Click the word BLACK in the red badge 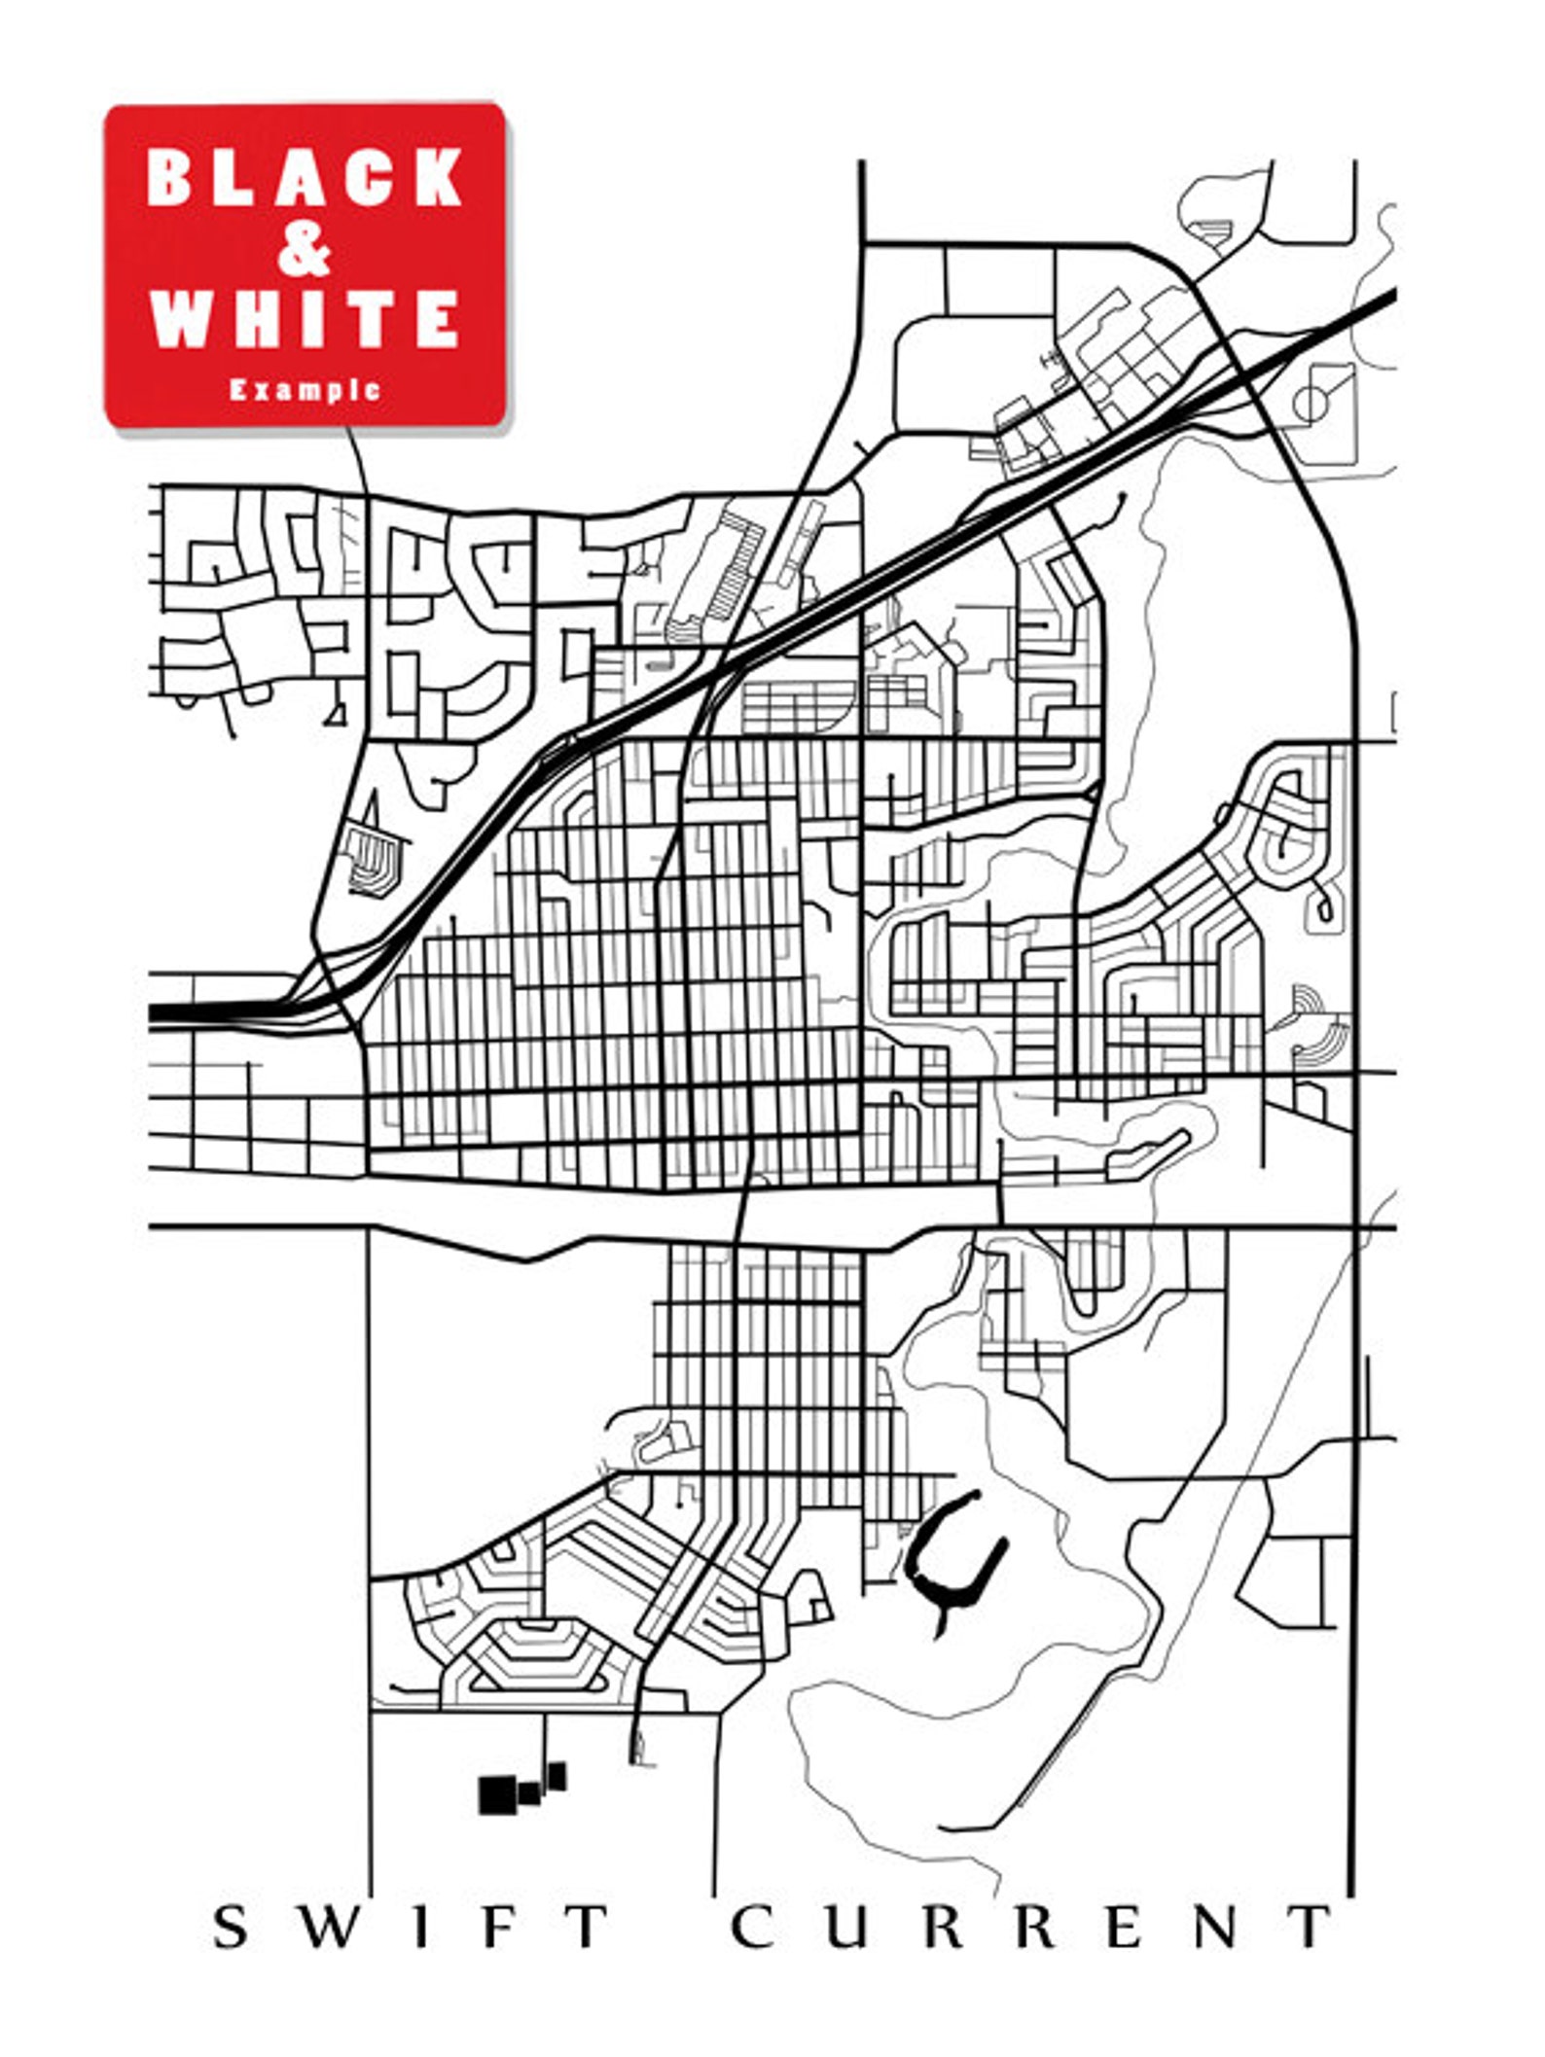pos(305,177)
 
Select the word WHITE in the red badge pos(305,318)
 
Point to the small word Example pos(305,390)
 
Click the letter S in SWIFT pos(231,1927)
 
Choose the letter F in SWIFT pos(497,1927)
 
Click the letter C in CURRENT pos(752,1927)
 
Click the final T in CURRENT pos(1311,1927)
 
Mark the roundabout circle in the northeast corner pos(1311,403)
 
